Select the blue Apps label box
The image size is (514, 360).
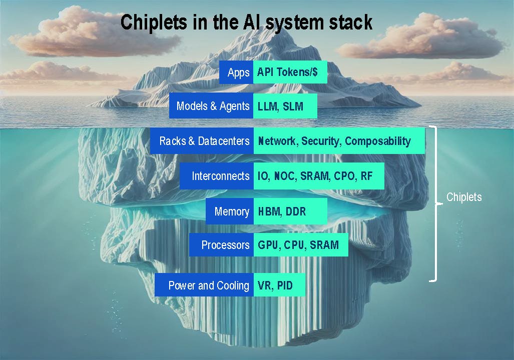pyautogui.click(x=236, y=72)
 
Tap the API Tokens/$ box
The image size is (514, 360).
pyautogui.click(x=291, y=72)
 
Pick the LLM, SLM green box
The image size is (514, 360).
pyautogui.click(x=285, y=106)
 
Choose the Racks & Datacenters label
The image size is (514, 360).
pyautogui.click(x=202, y=141)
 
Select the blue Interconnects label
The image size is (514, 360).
pyautogui.click(x=217, y=176)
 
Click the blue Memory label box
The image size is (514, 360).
pyautogui.click(x=230, y=211)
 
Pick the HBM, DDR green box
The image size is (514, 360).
pyautogui.click(x=290, y=211)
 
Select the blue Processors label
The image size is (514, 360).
pyautogui.click(x=221, y=245)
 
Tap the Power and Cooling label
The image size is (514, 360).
pyautogui.click(x=204, y=285)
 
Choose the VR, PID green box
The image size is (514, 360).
pyautogui.click(x=279, y=285)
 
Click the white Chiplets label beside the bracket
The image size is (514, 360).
pyautogui.click(x=464, y=197)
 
